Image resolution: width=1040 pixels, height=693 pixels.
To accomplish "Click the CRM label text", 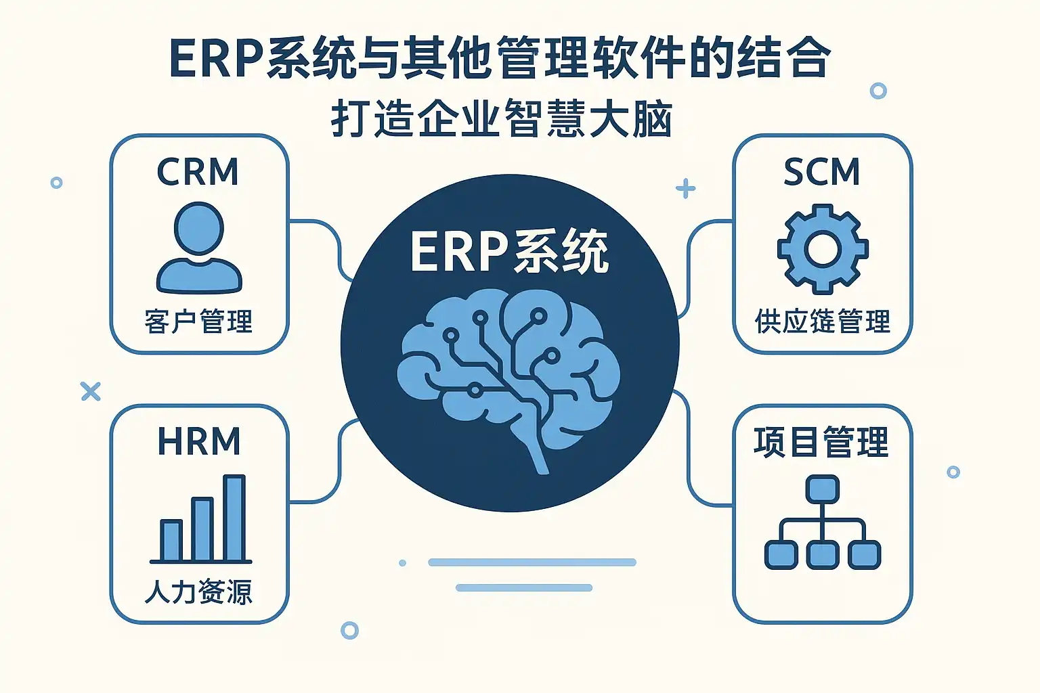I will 198,172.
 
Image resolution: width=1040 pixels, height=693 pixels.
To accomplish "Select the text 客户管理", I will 199,321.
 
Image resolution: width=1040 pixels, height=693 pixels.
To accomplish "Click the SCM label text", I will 822,172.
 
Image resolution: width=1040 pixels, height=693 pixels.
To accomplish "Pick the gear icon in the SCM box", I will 823,249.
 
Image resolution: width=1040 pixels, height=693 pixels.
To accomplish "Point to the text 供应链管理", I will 823,321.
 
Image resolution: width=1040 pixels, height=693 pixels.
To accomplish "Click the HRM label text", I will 199,442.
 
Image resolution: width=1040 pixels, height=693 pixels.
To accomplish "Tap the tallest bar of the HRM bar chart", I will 234,518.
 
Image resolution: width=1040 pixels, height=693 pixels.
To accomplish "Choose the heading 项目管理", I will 821,443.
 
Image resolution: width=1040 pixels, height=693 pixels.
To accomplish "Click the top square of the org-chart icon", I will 823,489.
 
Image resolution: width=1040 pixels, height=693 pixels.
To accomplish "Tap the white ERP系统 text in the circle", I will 509,252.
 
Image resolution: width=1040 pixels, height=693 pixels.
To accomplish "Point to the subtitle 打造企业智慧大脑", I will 502,120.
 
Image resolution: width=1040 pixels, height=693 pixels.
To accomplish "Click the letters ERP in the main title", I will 215,60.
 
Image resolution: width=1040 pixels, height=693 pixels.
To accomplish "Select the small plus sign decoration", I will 685,188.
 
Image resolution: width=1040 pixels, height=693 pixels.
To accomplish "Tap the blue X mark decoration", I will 90,391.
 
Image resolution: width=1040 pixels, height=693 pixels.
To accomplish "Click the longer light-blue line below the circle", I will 532,562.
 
